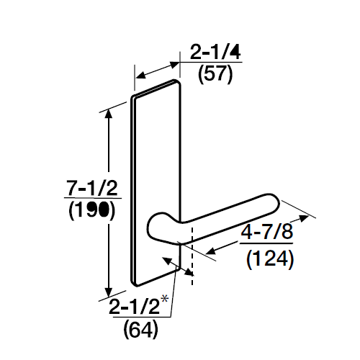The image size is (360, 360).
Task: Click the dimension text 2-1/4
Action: point(214,52)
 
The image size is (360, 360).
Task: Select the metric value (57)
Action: point(214,74)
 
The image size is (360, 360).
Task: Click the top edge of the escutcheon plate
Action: point(156,88)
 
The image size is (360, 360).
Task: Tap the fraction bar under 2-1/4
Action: point(214,63)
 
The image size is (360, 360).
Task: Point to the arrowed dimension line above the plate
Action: point(157,71)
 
